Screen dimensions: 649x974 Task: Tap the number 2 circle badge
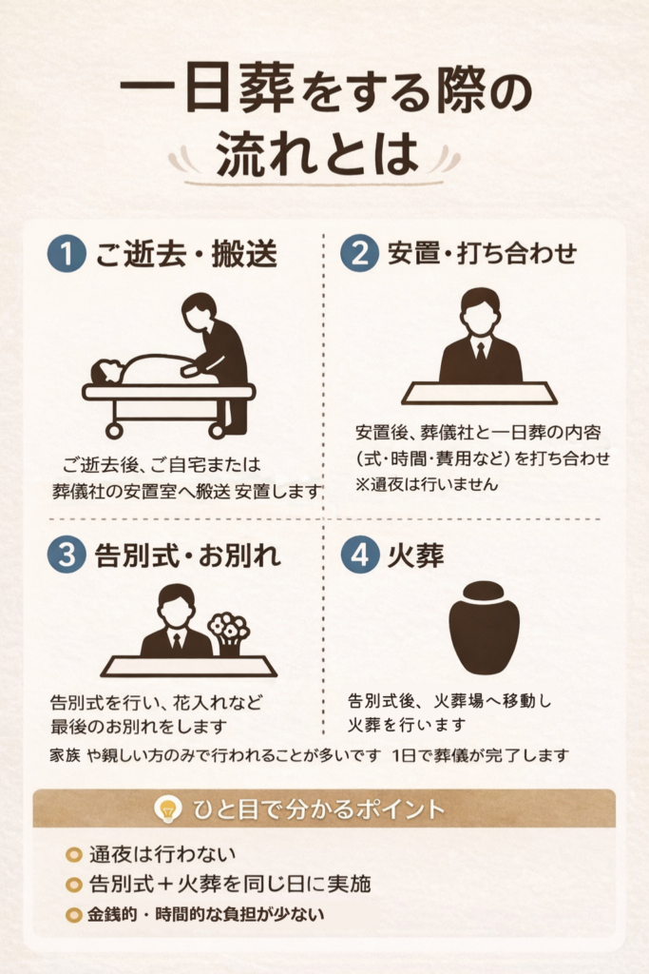point(359,253)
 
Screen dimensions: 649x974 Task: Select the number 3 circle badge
point(67,555)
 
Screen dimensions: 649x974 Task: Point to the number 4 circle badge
point(359,555)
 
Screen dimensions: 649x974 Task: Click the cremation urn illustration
point(484,628)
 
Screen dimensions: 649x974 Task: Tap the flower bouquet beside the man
point(229,632)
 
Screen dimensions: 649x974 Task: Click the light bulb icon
point(167,809)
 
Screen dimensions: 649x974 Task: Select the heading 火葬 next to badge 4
point(415,555)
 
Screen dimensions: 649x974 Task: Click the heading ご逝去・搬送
point(186,253)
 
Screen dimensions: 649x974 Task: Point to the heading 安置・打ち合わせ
point(482,253)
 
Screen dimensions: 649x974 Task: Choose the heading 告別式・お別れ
point(188,555)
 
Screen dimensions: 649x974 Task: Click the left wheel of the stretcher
point(113,430)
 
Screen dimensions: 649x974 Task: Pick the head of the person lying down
point(106,372)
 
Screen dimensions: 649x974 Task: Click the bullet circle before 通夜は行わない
point(74,855)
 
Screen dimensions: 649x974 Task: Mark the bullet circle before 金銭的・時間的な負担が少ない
point(74,914)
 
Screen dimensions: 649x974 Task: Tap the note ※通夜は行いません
point(427,484)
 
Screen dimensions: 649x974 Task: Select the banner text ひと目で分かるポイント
point(319,809)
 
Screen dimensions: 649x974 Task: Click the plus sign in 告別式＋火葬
point(166,884)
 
